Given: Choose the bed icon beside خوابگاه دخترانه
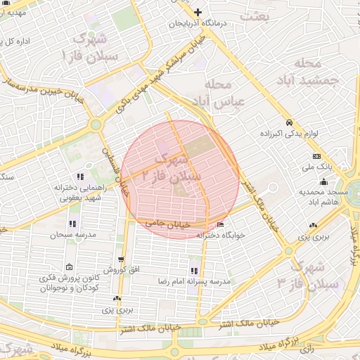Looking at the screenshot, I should [x=221, y=225].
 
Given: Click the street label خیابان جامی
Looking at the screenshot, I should [x=168, y=223].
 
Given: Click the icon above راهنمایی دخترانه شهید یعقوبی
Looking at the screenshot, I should [x=81, y=176].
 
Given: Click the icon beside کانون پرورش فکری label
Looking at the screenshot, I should [x=70, y=267].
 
